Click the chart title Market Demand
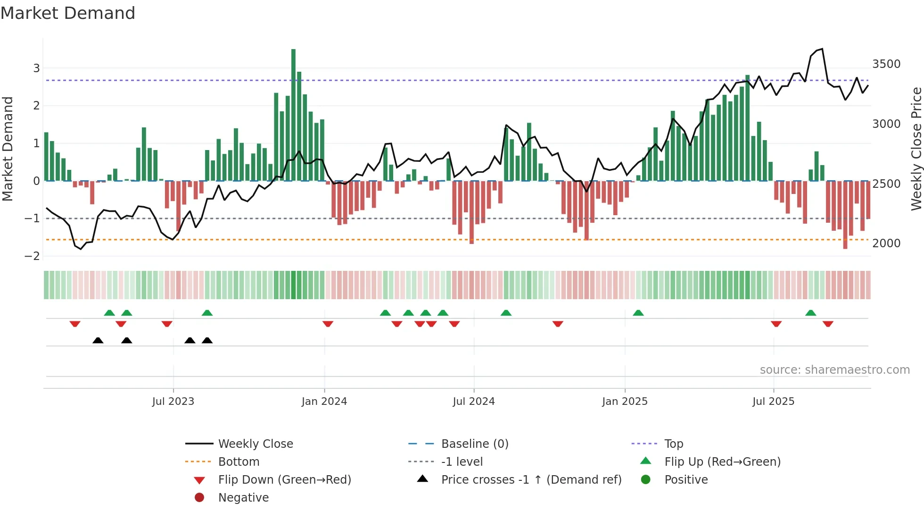68,13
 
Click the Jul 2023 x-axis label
173,402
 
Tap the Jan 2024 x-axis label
324,402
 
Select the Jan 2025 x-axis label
625,402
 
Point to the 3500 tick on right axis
886,64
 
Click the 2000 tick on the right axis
886,243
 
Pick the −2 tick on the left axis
33,256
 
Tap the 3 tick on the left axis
36,68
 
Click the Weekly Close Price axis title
916,149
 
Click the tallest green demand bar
293,113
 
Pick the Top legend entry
673,444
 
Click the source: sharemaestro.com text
834,370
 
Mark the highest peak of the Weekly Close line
822,49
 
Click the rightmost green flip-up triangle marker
810,313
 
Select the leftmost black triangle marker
98,340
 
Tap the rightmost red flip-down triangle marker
828,324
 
